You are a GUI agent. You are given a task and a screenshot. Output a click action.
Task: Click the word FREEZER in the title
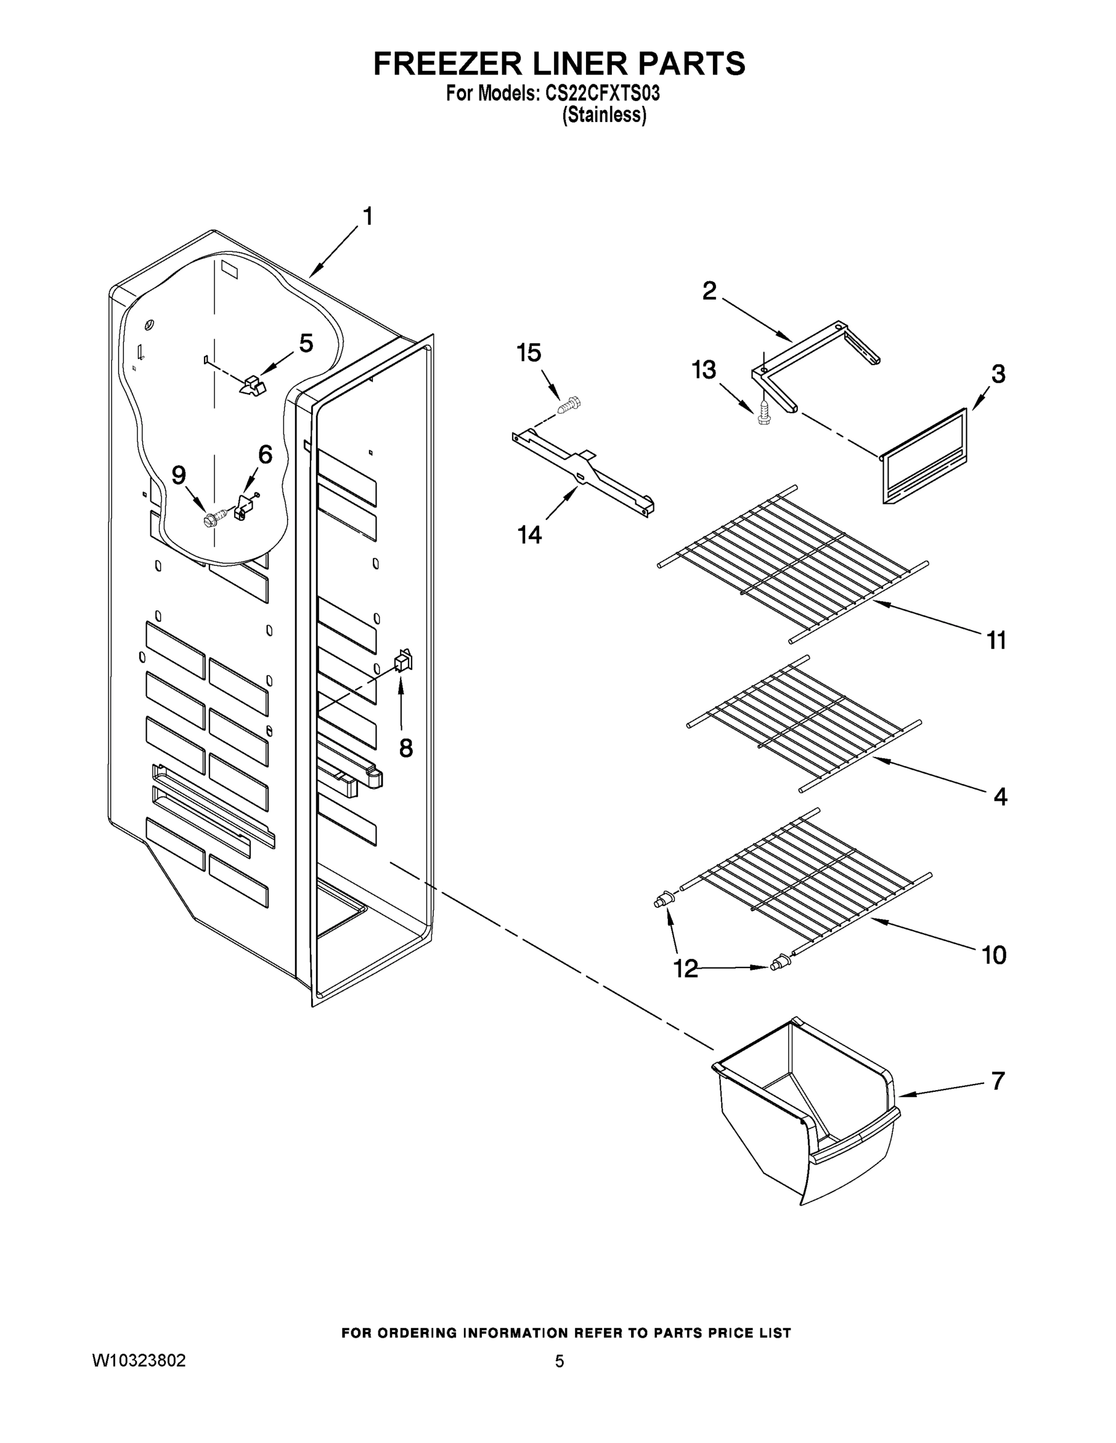click(x=440, y=64)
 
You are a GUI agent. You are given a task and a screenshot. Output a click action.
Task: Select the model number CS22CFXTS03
click(x=602, y=94)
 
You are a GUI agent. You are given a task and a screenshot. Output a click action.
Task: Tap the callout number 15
click(x=529, y=353)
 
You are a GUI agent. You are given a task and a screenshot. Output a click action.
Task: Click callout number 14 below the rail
click(x=529, y=535)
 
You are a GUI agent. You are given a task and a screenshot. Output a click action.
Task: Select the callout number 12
click(x=686, y=969)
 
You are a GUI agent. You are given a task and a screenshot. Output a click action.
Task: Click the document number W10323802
click(x=139, y=1361)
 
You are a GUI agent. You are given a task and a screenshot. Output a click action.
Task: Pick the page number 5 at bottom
click(x=560, y=1361)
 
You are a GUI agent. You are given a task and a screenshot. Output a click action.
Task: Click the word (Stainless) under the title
click(x=603, y=115)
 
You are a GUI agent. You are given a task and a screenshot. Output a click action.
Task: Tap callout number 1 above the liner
click(x=368, y=216)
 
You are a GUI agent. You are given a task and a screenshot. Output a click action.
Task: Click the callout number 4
click(x=1000, y=797)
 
